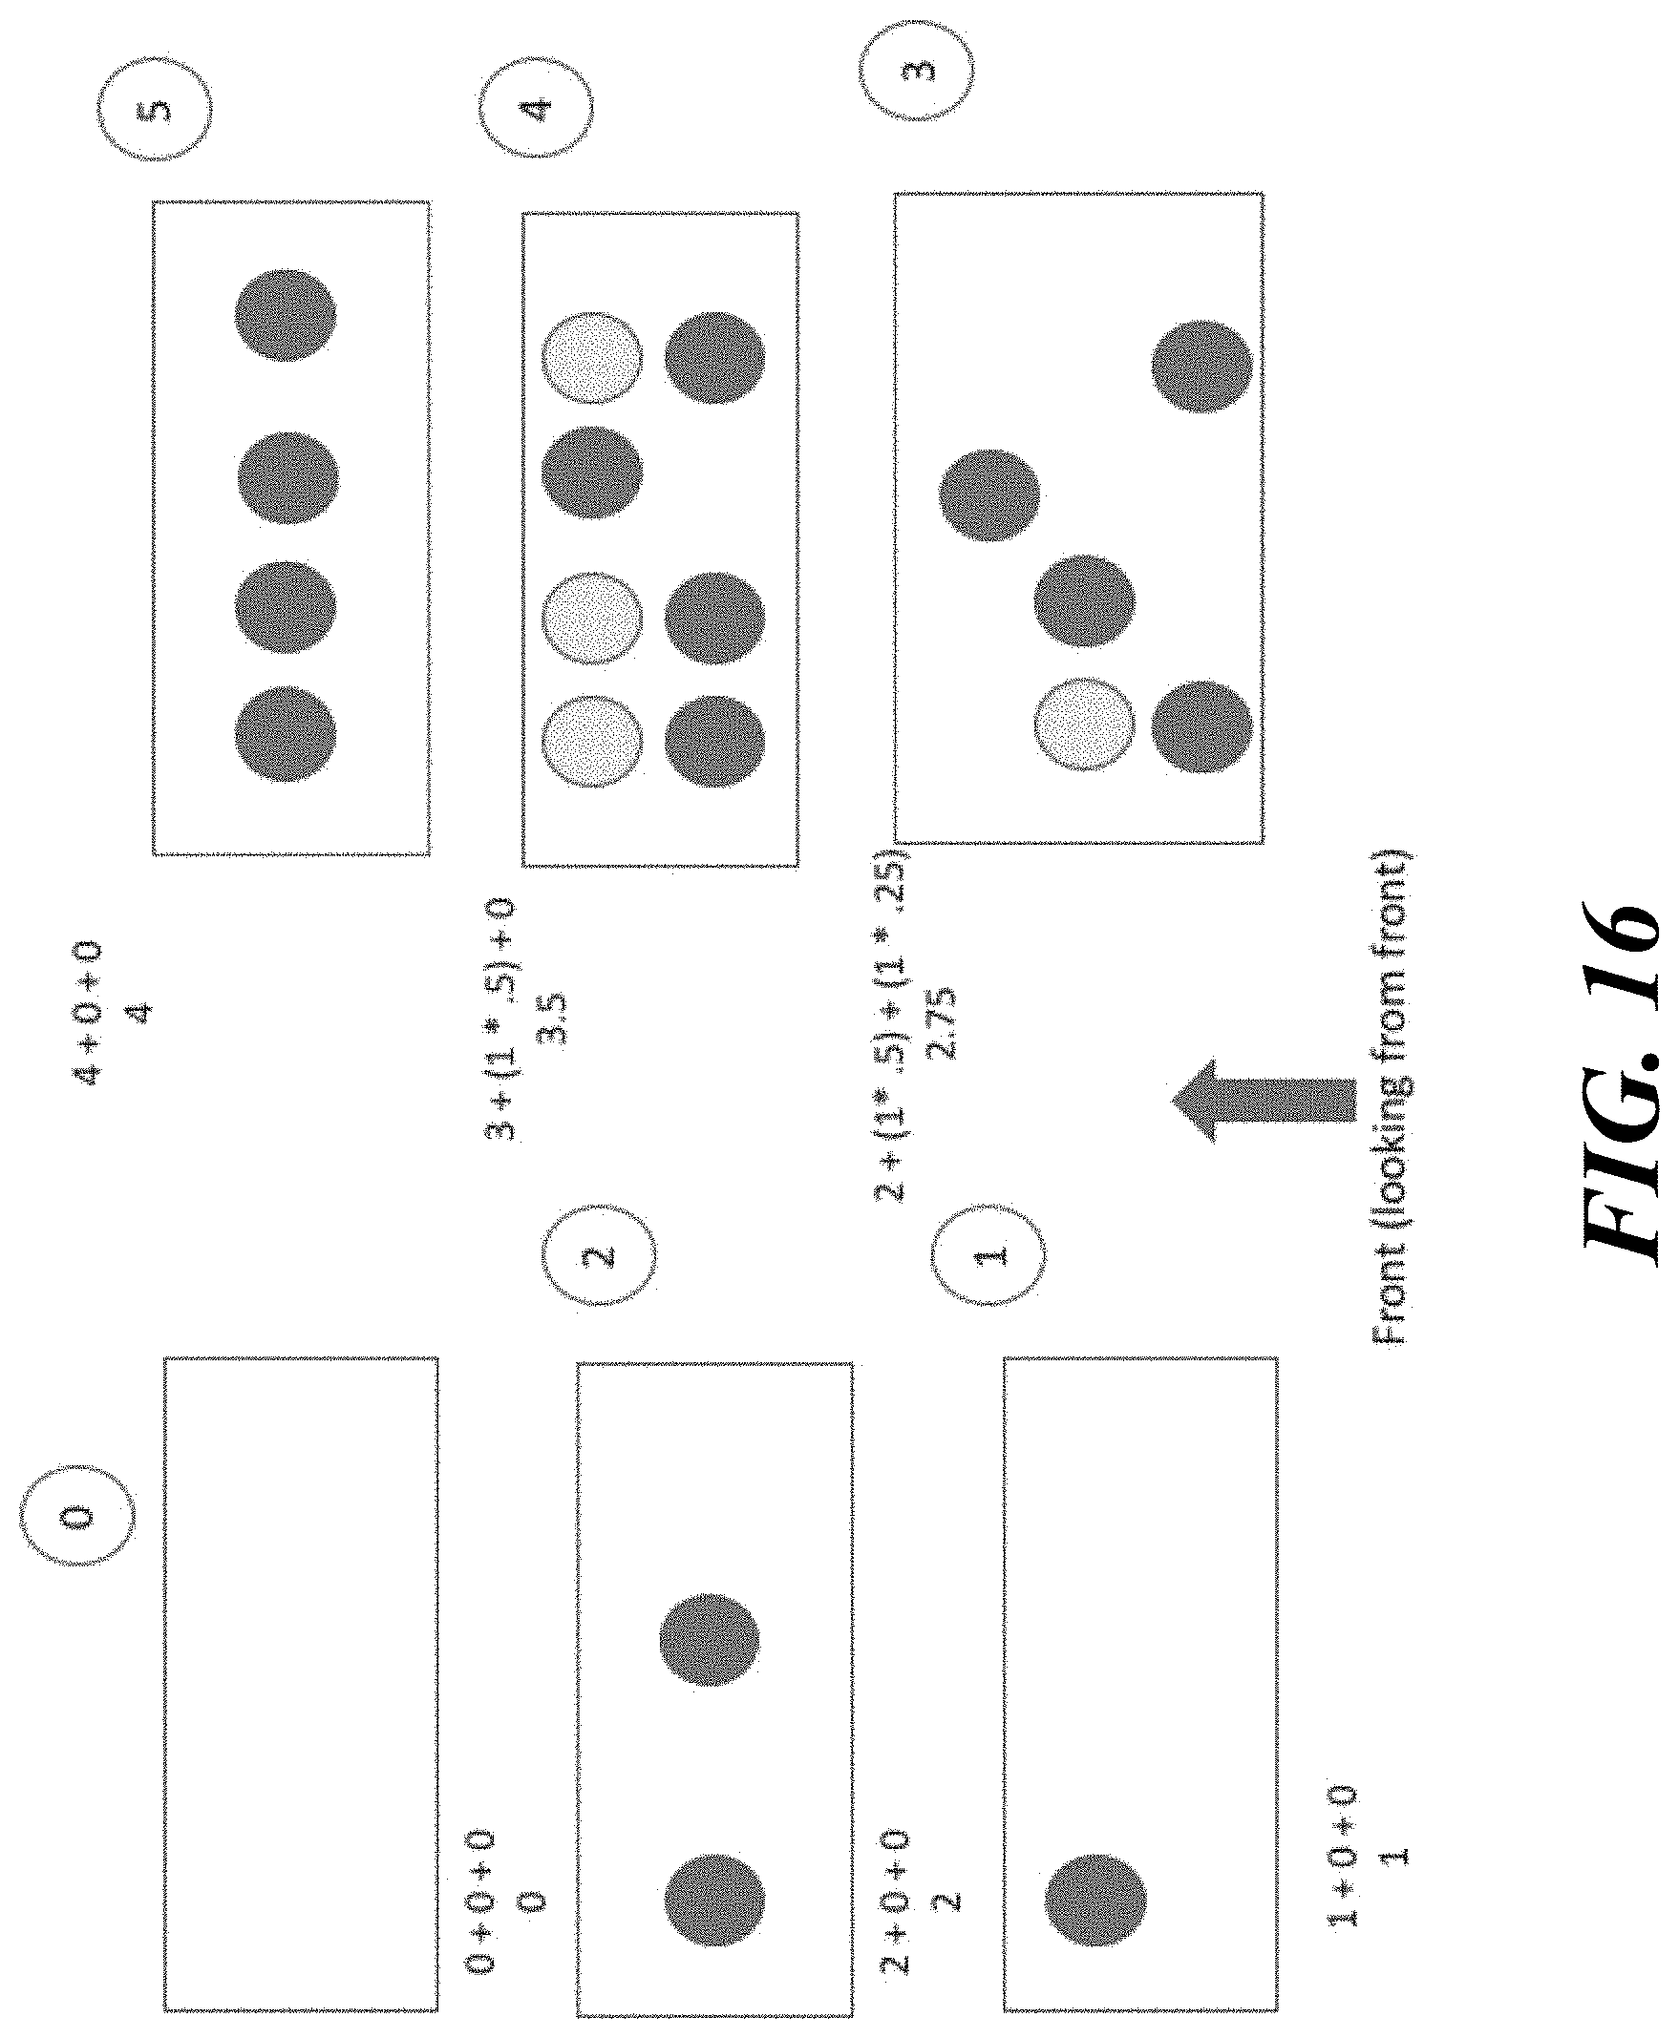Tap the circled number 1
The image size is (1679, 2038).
(990, 1255)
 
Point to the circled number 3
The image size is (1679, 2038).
(917, 71)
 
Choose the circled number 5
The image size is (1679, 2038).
(156, 109)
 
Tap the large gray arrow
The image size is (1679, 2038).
(1264, 1102)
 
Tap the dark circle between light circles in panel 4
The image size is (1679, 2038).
(592, 472)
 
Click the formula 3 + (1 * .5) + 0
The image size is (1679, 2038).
(501, 1020)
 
